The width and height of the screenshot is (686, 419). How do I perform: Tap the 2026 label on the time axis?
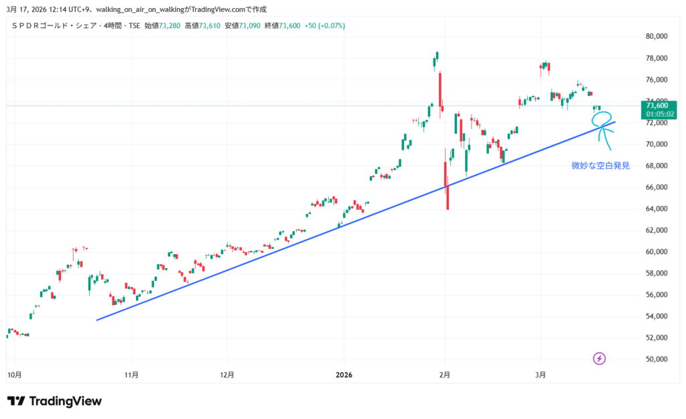(x=344, y=374)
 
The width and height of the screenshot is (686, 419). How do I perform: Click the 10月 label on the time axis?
(x=14, y=374)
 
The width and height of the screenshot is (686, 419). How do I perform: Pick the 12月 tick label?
(x=227, y=374)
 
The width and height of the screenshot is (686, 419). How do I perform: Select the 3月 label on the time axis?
(x=541, y=374)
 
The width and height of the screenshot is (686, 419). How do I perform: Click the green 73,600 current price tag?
(x=659, y=105)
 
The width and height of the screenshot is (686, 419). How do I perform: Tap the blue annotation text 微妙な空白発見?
(x=600, y=165)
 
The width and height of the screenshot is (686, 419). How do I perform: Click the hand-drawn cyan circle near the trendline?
(x=602, y=118)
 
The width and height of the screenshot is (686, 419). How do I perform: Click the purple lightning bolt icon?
(x=600, y=359)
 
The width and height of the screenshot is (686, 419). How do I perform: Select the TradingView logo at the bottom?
(x=55, y=401)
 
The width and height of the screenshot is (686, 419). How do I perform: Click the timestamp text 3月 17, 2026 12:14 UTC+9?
(x=50, y=8)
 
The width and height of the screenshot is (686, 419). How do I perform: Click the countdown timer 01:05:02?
(x=659, y=114)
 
